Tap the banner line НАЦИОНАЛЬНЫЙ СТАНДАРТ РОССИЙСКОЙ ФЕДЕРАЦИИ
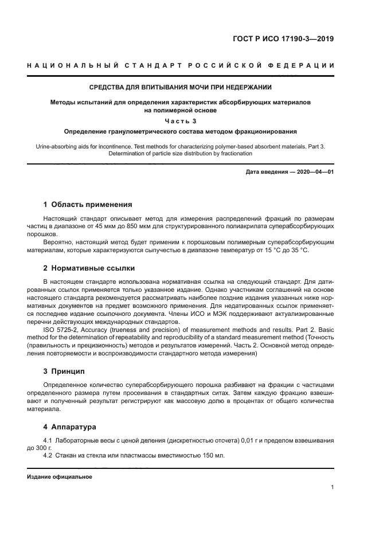[181, 66]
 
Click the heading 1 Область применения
[88, 204]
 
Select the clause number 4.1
[48, 440]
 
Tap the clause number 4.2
[48, 455]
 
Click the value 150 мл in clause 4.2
[213, 455]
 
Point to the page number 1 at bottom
[332, 487]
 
